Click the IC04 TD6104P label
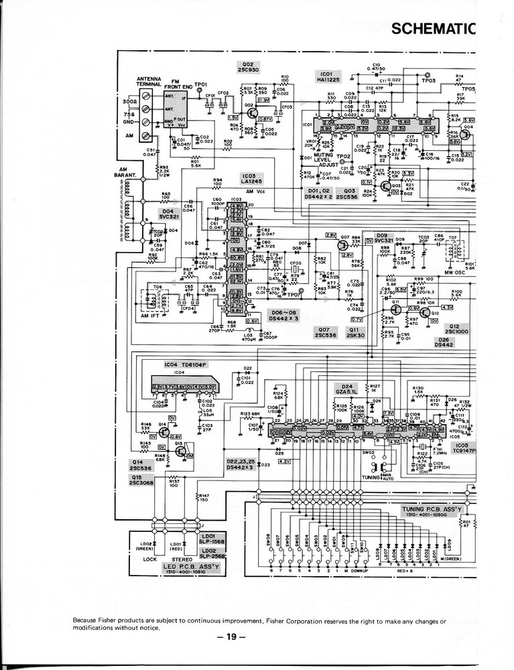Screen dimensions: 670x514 [182, 365]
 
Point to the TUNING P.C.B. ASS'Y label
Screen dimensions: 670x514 [432, 511]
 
